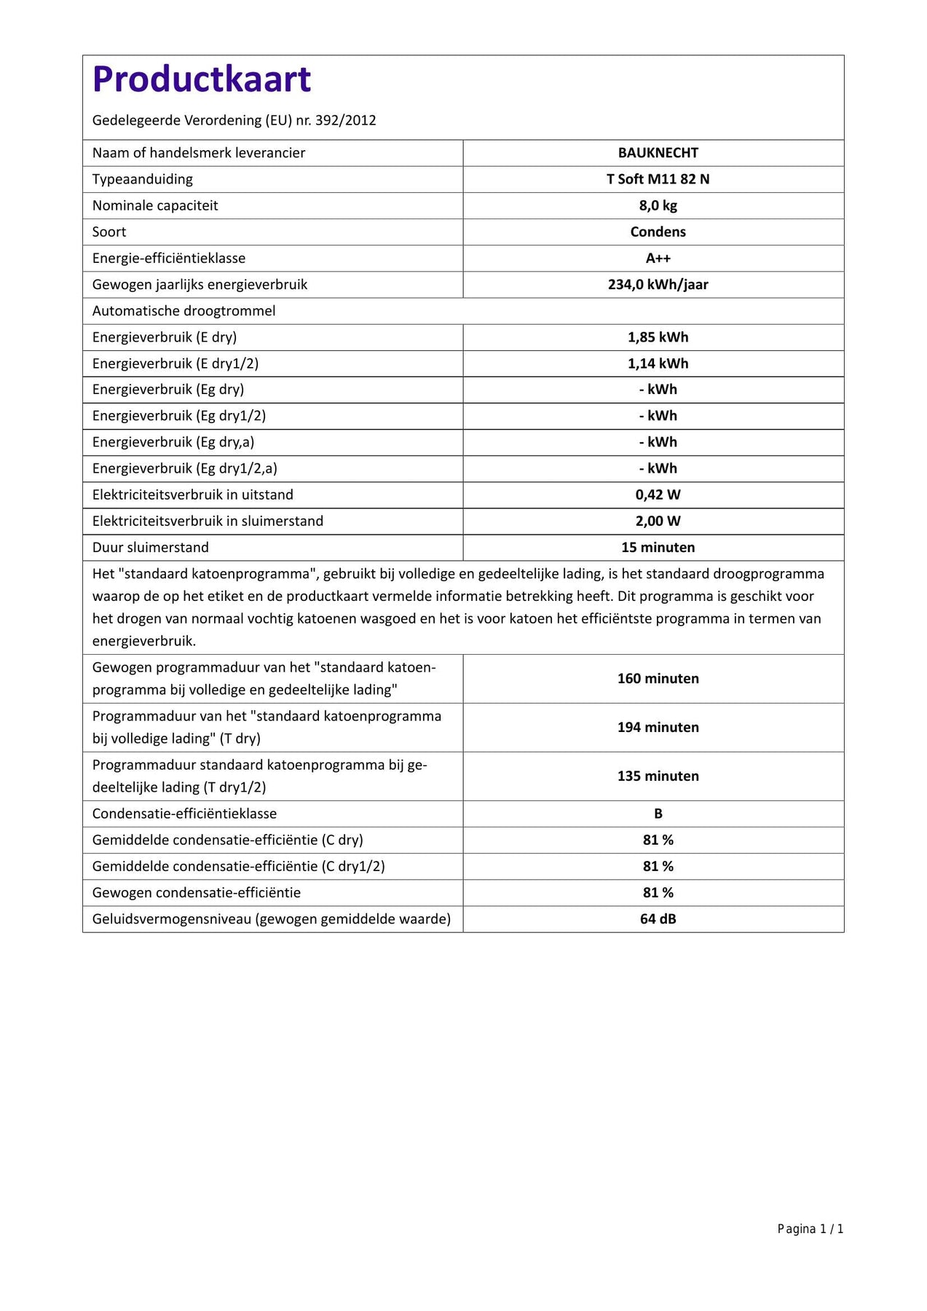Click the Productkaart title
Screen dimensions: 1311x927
click(x=202, y=79)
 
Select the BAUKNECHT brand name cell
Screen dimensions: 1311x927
click(x=658, y=153)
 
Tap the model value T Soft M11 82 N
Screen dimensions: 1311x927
click(x=658, y=179)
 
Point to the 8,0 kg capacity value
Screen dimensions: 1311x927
click(x=658, y=205)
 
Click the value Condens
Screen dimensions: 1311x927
click(x=658, y=232)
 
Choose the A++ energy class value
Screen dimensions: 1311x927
click(x=658, y=258)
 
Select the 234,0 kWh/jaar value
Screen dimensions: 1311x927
click(x=658, y=284)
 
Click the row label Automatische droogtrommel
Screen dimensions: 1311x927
click(x=184, y=311)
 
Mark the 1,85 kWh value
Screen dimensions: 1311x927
click(x=658, y=337)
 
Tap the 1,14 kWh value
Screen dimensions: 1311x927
click(x=658, y=363)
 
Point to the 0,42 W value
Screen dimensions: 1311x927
click(x=658, y=495)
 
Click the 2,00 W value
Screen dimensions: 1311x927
click(x=658, y=521)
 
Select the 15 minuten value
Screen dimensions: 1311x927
click(x=658, y=547)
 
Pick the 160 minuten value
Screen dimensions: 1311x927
click(x=658, y=678)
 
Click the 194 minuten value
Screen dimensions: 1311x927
click(x=658, y=727)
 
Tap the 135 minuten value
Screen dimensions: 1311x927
click(x=658, y=776)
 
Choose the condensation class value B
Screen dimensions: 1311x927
click(x=658, y=814)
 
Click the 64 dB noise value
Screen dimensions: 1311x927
click(x=658, y=919)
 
